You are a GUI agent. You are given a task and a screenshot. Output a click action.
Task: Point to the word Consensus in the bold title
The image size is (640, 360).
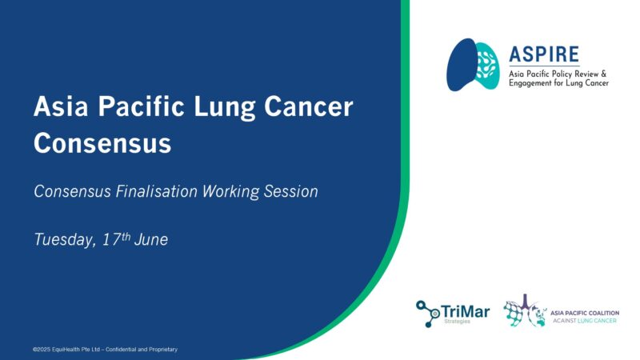click(x=102, y=144)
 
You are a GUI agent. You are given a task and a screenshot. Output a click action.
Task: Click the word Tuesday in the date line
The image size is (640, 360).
click(x=63, y=239)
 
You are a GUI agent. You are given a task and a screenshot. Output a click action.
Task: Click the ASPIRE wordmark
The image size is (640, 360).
click(x=543, y=54)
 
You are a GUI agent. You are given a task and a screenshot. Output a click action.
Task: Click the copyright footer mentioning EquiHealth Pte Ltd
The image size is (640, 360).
click(x=105, y=350)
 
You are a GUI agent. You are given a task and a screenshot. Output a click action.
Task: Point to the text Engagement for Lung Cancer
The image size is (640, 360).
click(x=558, y=82)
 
